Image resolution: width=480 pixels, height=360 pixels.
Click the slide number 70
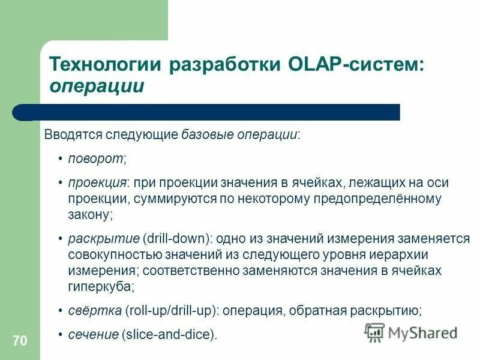[x=19, y=341]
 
